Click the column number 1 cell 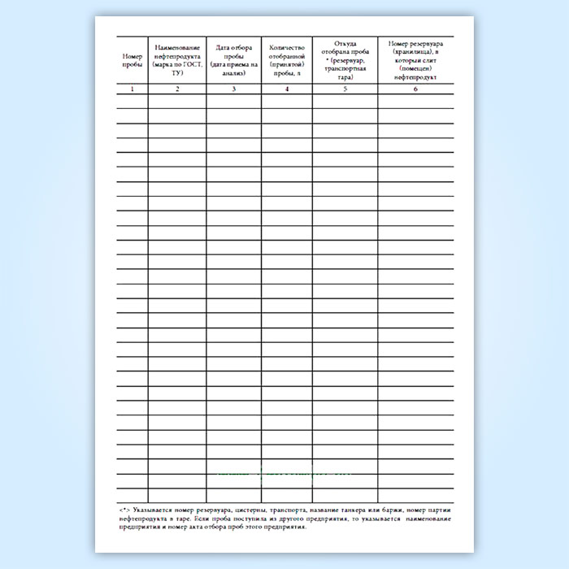[131, 89]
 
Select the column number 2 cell [176, 89]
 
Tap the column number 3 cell [233, 89]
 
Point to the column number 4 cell [286, 89]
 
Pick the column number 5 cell [345, 89]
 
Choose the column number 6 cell [415, 89]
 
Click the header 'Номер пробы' [131, 59]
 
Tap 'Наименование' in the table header [176, 49]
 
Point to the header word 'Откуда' [345, 42]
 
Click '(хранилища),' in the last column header [415, 51]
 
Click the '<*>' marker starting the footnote [123, 509]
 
